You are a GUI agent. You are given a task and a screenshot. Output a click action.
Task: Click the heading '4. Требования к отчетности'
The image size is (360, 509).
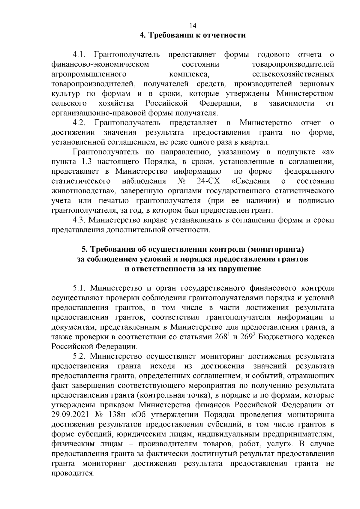pos(193,35)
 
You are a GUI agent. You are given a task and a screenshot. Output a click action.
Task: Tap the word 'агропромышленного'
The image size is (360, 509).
pos(89,74)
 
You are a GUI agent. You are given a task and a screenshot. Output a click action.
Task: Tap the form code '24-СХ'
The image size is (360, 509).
pos(208,181)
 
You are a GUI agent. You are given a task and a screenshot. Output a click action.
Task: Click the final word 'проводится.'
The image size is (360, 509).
pos(73,474)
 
